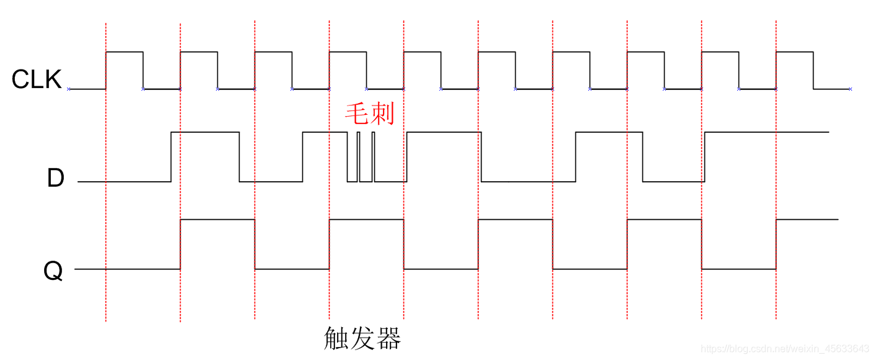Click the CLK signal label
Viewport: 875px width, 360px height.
tap(37, 80)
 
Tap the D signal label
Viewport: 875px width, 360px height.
tap(56, 179)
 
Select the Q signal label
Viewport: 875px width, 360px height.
tap(54, 271)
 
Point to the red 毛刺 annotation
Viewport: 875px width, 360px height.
tap(369, 114)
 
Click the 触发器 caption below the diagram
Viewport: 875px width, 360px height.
tap(362, 338)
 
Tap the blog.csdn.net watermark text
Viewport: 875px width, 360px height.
tap(784, 349)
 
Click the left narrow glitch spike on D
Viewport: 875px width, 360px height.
tap(359, 155)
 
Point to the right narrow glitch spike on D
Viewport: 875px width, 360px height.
tap(373, 155)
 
